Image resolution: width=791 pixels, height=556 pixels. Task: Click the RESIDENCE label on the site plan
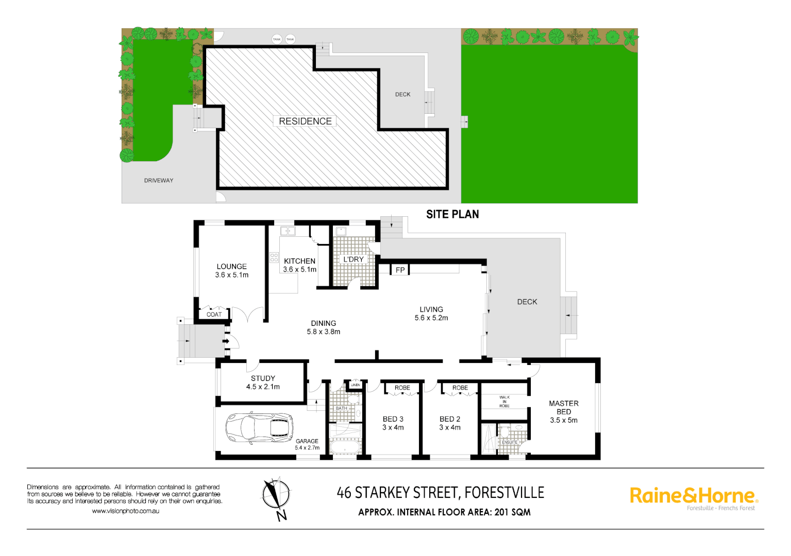pyautogui.click(x=305, y=121)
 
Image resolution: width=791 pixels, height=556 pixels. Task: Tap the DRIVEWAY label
pyautogui.click(x=159, y=181)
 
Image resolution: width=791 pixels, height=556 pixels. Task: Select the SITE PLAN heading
pyautogui.click(x=452, y=214)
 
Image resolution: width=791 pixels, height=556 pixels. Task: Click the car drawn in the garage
pyautogui.click(x=259, y=428)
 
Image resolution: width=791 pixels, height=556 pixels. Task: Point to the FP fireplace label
pyautogui.click(x=400, y=270)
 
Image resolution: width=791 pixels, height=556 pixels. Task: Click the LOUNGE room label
pyautogui.click(x=231, y=266)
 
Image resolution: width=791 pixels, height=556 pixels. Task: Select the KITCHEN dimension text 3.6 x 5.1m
pyautogui.click(x=299, y=269)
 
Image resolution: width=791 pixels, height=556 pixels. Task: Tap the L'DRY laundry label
pyautogui.click(x=354, y=259)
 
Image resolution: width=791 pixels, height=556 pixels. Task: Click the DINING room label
pyautogui.click(x=323, y=323)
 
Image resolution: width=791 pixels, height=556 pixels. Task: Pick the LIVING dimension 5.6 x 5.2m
pyautogui.click(x=431, y=318)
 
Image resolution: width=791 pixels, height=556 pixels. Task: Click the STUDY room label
pyautogui.click(x=263, y=378)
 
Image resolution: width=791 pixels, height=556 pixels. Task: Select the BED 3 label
pyautogui.click(x=393, y=419)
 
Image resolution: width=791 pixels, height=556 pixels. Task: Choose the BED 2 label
pyautogui.click(x=450, y=419)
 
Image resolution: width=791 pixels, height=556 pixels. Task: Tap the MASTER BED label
pyautogui.click(x=563, y=407)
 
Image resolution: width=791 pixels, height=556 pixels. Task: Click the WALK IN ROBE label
pyautogui.click(x=504, y=402)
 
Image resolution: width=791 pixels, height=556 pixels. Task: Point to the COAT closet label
pyautogui.click(x=214, y=315)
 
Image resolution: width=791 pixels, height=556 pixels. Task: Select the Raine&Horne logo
pyautogui.click(x=694, y=496)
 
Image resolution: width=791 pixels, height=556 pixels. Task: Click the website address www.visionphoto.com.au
pyautogui.click(x=125, y=511)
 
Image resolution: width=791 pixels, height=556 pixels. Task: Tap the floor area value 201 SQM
pyautogui.click(x=512, y=512)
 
